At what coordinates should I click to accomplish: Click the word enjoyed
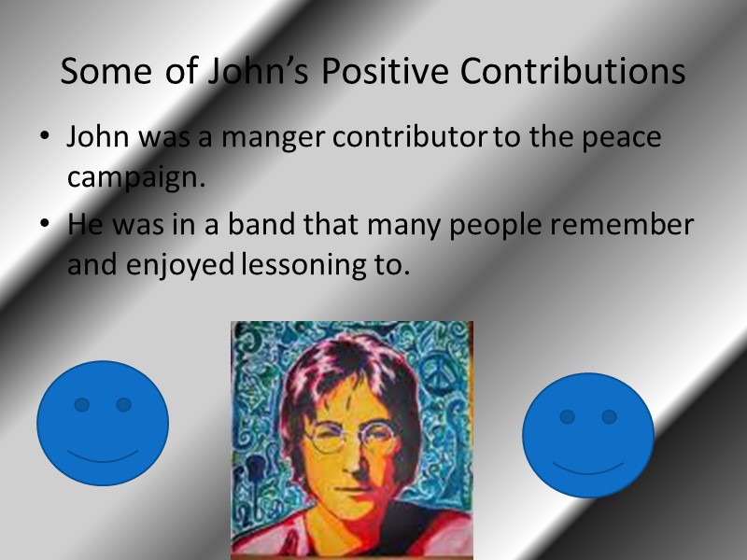tap(186, 266)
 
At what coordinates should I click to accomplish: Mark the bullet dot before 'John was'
tap(45, 138)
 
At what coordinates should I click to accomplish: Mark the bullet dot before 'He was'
tap(45, 226)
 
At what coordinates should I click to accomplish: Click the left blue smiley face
tap(103, 423)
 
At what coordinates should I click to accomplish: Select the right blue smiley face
tap(587, 434)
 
